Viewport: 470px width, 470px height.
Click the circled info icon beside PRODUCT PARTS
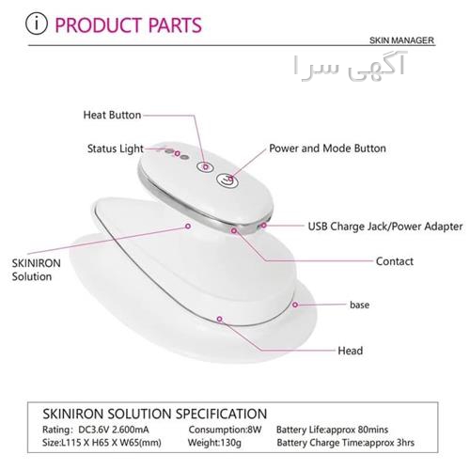coord(37,23)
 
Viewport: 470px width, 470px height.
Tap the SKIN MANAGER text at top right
coord(401,40)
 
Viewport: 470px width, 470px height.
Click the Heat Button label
coord(112,115)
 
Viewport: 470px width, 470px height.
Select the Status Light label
coord(116,149)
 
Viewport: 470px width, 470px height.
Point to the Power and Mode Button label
coord(327,149)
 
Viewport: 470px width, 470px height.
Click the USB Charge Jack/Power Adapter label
coord(385,227)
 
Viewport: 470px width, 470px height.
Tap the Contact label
coord(395,261)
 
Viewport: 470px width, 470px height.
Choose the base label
coord(359,305)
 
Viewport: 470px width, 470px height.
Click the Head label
coord(351,351)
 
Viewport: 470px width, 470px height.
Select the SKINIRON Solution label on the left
coord(36,270)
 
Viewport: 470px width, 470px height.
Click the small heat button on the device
coord(205,166)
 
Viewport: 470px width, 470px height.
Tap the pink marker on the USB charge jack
coord(264,225)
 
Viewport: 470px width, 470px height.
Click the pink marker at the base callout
coord(295,305)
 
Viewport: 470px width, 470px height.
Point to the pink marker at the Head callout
coord(220,319)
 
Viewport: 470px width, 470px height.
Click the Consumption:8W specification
coord(225,430)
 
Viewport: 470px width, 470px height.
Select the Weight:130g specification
coord(214,443)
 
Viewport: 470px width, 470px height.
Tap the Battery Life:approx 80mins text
coord(332,430)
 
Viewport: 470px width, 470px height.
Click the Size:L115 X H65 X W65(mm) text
coord(102,443)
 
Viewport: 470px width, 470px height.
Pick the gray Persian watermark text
coord(350,67)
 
